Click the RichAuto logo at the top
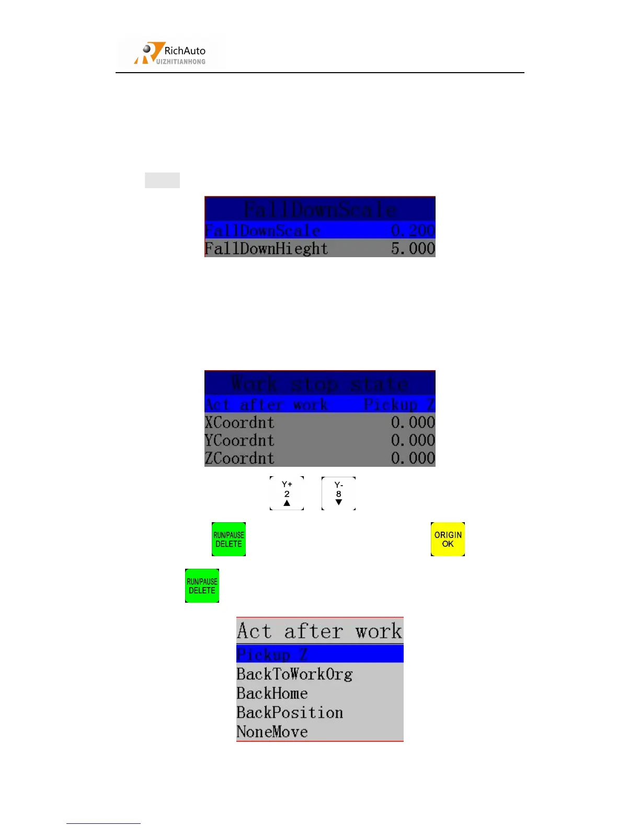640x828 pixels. [171, 53]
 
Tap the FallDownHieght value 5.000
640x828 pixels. [413, 248]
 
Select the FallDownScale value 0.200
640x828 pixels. [413, 230]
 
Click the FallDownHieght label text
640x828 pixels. [266, 248]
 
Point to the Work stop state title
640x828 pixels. [319, 384]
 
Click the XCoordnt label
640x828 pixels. [239, 422]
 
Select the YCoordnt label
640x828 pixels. [239, 440]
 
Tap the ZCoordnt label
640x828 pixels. [239, 458]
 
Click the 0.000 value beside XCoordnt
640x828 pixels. [413, 422]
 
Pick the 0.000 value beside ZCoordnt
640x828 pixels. [413, 458]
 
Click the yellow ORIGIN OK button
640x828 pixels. [448, 539]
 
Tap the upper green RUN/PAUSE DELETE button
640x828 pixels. [228, 539]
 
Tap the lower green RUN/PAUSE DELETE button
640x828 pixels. [202, 585]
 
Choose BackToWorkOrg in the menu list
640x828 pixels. [294, 674]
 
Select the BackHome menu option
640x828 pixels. [272, 693]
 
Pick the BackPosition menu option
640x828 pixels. [290, 712]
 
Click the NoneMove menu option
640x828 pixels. [272, 732]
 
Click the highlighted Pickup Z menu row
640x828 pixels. [319, 654]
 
